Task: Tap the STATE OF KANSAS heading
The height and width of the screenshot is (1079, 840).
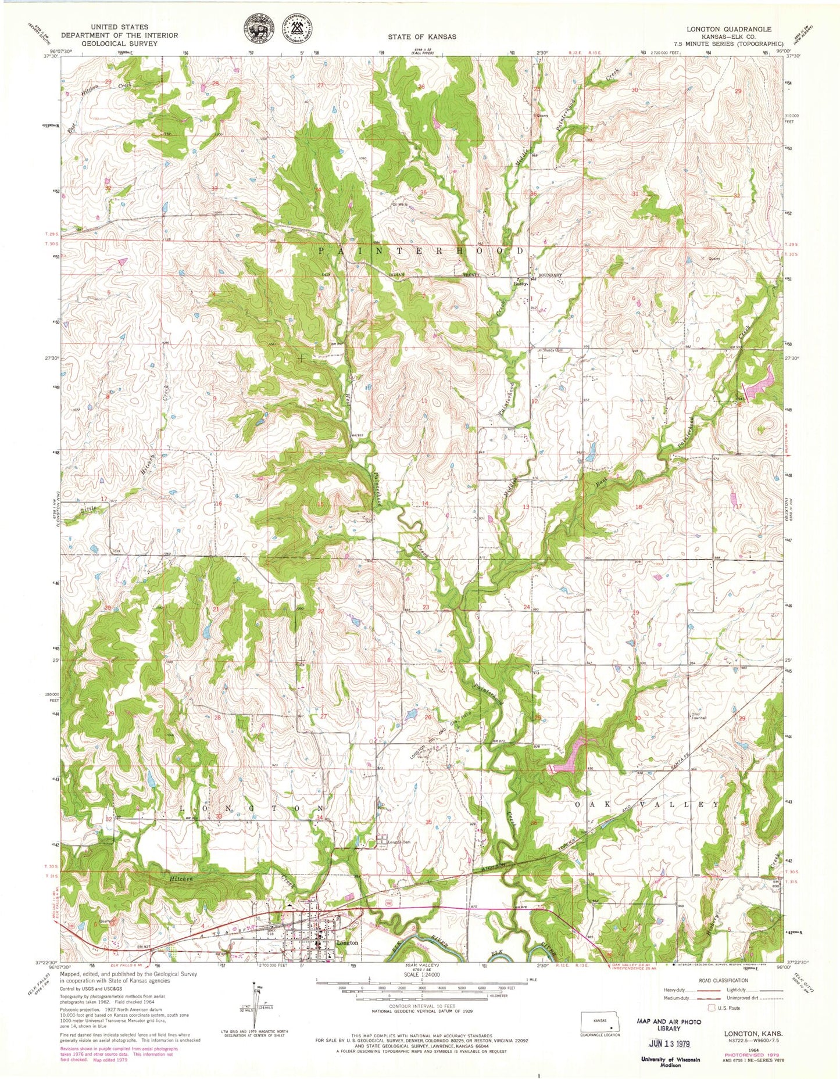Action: click(x=422, y=37)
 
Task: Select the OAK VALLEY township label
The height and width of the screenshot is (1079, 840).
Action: click(x=646, y=805)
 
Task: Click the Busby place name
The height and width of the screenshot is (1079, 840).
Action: click(x=519, y=284)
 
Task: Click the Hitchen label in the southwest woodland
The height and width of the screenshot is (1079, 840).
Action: click(x=181, y=879)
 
